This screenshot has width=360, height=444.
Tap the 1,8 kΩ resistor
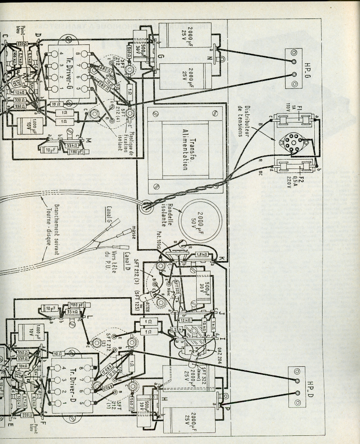tap(202, 254)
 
